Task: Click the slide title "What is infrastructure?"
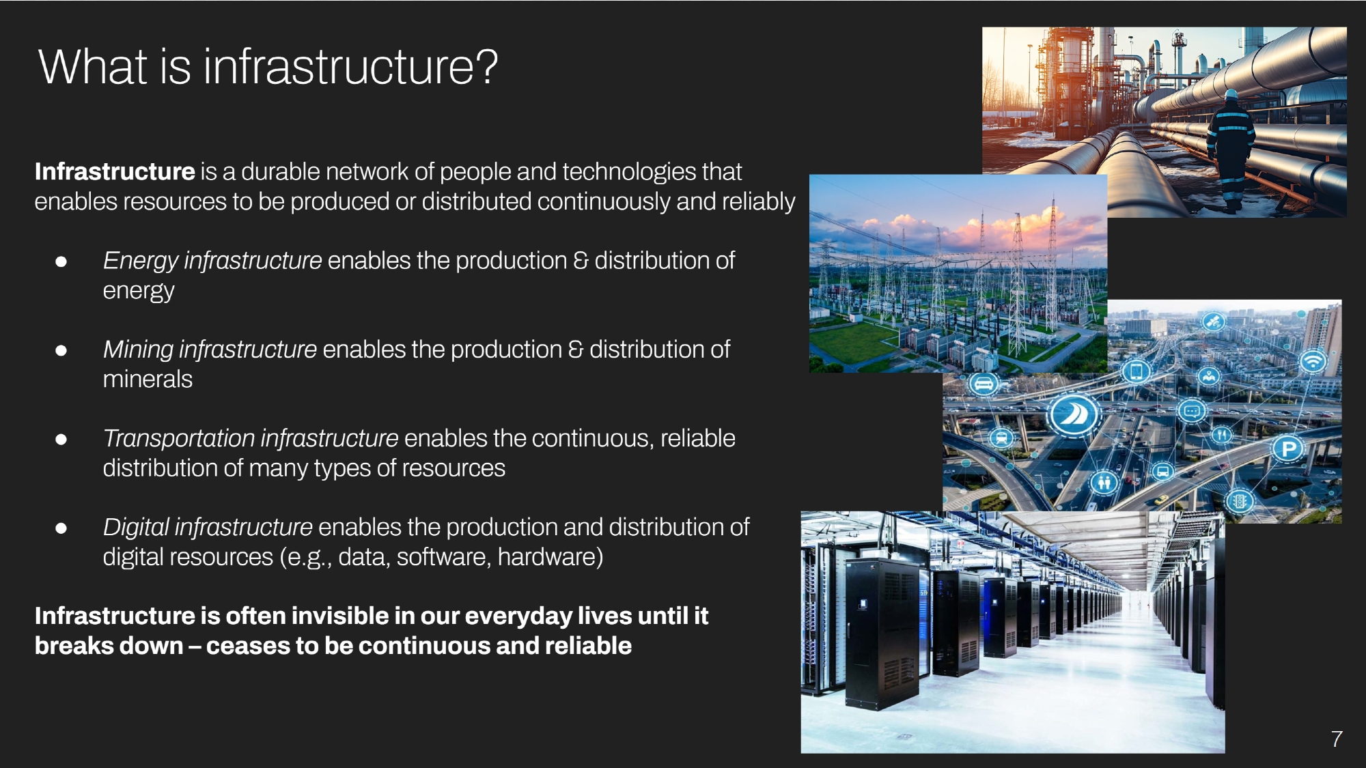pos(268,67)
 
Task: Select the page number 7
pos(1337,739)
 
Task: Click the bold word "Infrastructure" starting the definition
pos(115,171)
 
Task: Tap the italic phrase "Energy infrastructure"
pos(212,260)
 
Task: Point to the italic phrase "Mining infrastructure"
pos(210,349)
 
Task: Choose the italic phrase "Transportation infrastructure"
pos(251,438)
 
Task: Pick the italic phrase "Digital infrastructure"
pos(208,526)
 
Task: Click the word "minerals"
pos(148,379)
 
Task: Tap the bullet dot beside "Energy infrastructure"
pos(61,261)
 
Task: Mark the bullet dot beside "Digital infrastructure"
pos(61,528)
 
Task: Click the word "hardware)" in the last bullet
pos(550,557)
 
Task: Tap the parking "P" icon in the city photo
pos(1289,449)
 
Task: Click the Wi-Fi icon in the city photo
pos(1313,360)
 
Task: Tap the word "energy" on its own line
pos(139,291)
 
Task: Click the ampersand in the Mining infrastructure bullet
pos(576,350)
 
